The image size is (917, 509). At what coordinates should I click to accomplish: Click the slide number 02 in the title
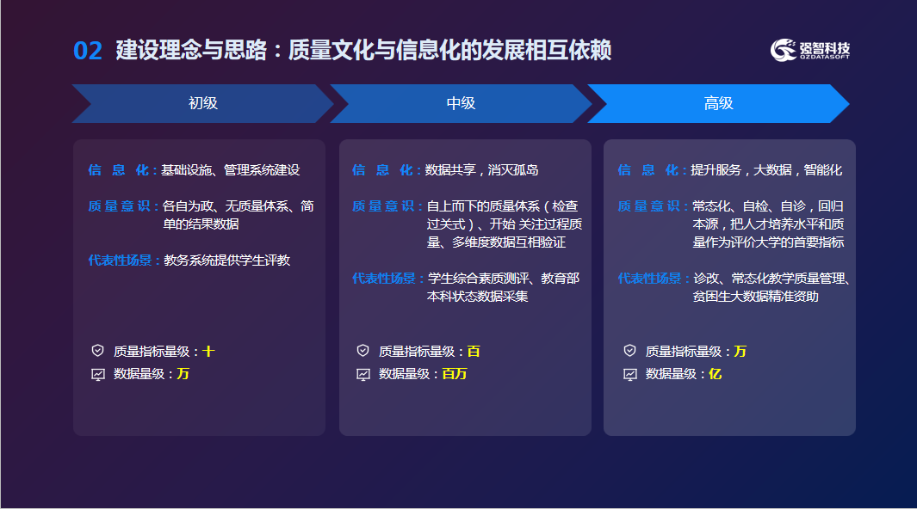[88, 51]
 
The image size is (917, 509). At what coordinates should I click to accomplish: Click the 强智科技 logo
[810, 50]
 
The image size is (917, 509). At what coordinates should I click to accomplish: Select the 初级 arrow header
[203, 103]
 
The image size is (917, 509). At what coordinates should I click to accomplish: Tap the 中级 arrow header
[461, 103]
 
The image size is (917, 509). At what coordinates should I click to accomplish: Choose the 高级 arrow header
[718, 103]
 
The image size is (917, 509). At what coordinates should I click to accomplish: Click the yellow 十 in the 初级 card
[208, 352]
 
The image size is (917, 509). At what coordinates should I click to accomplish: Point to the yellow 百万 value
[455, 373]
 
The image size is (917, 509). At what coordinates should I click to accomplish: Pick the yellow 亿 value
[716, 373]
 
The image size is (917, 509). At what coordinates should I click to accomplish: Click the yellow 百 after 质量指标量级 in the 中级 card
[474, 352]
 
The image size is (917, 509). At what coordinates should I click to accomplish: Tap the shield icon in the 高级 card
[630, 350]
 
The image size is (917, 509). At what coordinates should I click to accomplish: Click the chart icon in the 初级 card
[98, 374]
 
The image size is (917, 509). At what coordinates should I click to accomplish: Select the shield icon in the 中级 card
[363, 350]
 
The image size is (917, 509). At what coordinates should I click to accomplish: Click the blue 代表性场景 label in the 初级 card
[120, 261]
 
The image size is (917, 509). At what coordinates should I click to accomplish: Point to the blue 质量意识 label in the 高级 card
[649, 206]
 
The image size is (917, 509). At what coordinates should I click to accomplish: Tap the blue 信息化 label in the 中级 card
[382, 170]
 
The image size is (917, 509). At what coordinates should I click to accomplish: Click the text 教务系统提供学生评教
[227, 261]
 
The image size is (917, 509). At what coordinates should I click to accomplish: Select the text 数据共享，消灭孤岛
[481, 170]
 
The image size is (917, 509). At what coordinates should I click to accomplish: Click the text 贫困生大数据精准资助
[756, 297]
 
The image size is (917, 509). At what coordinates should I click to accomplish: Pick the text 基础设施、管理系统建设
[231, 170]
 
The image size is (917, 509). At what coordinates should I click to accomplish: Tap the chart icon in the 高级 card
[630, 374]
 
